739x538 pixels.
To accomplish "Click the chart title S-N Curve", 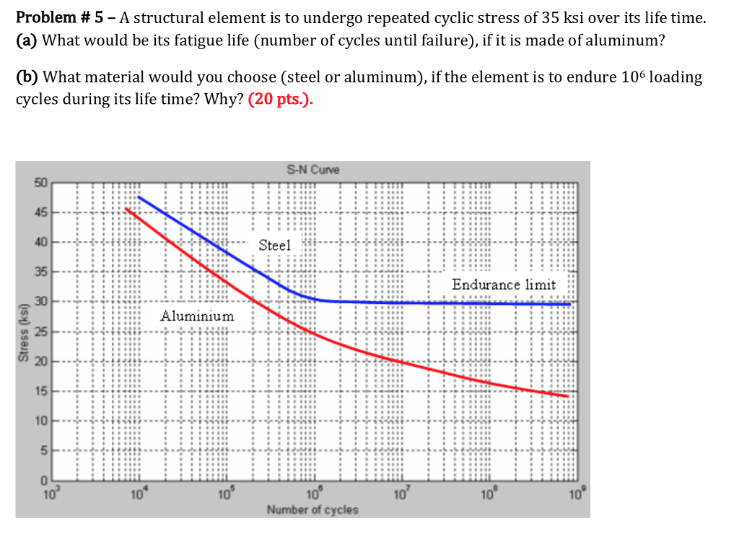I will [312, 170].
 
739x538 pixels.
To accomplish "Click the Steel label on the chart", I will [274, 246].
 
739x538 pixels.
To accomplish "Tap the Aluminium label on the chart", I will [197, 316].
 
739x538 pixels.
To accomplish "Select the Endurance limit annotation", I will [504, 285].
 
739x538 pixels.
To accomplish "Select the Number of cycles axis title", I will [312, 510].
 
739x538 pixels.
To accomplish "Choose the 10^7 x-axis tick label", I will [401, 495].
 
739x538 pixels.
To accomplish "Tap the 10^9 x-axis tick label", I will [577, 495].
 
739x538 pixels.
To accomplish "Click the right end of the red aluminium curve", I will [568, 396].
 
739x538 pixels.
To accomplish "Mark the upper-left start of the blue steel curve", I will [139, 196].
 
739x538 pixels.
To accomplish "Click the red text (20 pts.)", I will [281, 100].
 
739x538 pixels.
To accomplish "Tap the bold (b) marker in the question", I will [27, 77].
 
